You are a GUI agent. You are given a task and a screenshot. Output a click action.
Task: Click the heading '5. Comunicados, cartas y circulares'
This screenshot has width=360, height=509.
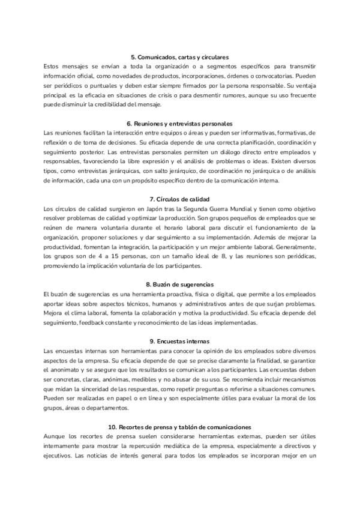179,56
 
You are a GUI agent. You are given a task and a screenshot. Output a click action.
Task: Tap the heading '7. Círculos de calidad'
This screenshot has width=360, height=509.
179,199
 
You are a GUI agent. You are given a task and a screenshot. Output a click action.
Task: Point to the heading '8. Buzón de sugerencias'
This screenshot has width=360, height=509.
179,283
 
